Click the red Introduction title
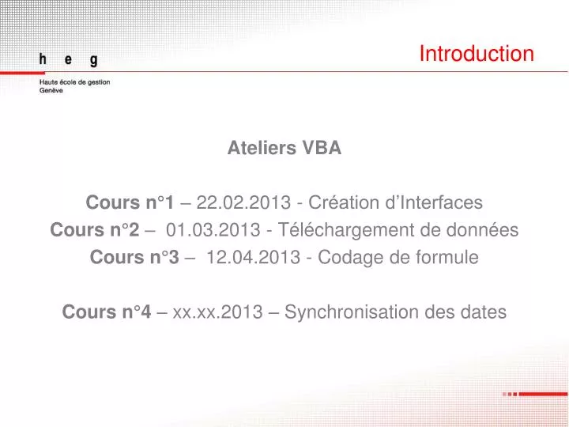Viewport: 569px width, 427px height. [477, 54]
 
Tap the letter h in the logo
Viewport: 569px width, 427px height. [43, 59]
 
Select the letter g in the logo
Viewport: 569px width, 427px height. [94, 60]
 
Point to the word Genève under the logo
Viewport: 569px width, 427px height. [51, 90]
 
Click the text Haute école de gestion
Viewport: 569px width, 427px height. [75, 82]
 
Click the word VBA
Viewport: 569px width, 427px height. [322, 148]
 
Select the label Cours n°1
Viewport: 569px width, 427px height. [130, 202]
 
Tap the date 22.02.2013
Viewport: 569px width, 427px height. [243, 202]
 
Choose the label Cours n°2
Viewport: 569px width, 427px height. [95, 230]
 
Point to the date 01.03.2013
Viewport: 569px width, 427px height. [213, 230]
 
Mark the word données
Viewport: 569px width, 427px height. [482, 230]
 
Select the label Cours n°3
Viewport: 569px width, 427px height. [134, 257]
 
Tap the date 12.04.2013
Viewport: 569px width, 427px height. [254, 257]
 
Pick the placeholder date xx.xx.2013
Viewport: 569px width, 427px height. [218, 312]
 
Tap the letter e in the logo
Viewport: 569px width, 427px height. [68, 59]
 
